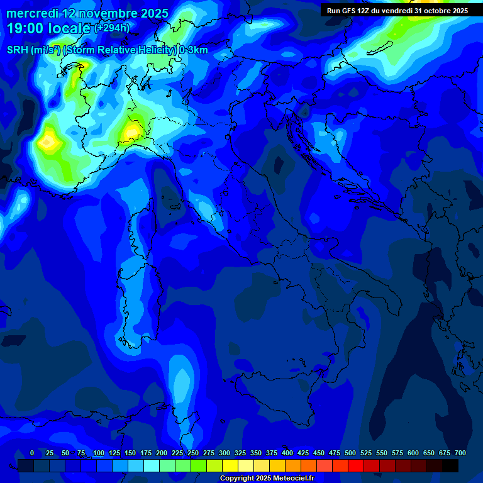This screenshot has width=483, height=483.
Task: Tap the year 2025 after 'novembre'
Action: pos(151,13)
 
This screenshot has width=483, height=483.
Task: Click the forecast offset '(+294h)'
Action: pos(112,28)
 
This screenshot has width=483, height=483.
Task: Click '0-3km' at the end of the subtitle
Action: pos(194,50)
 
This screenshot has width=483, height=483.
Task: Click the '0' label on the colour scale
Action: pos(32,453)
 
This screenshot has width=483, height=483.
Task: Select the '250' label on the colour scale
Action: pos(193,453)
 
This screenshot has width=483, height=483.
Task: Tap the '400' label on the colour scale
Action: pos(287,453)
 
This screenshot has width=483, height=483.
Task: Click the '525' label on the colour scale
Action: pos(366,453)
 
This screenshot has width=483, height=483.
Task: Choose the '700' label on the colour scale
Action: pos(460,453)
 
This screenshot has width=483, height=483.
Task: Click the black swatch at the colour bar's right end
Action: pos(450,465)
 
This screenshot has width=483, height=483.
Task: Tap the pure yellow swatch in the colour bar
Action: pos(230,465)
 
